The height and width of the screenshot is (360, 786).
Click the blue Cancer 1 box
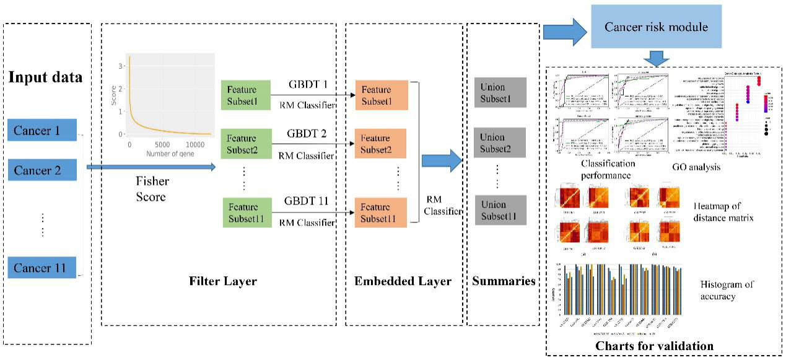point(42,131)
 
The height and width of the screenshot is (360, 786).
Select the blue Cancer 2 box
point(42,170)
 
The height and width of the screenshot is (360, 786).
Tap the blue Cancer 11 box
point(42,268)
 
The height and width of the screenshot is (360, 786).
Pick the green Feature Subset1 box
point(246,95)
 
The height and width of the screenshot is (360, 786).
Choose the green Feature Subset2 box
point(246,145)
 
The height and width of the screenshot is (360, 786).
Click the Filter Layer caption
point(222,281)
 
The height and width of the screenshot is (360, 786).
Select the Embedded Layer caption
point(403,281)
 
